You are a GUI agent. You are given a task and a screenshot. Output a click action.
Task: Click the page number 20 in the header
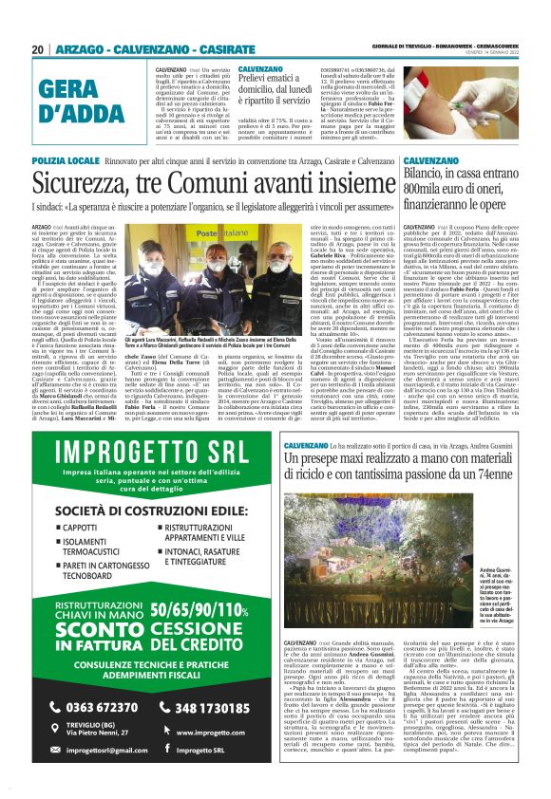click(37, 49)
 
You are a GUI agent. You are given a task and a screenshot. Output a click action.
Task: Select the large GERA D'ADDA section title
click(83, 102)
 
